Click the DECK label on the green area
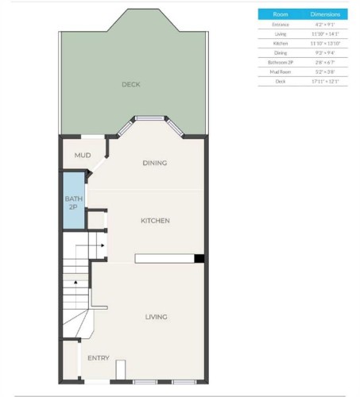(x=131, y=84)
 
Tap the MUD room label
(x=83, y=156)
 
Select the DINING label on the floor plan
(x=154, y=164)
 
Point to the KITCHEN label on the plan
(x=155, y=221)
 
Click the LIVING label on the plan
(x=156, y=317)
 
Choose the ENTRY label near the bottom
(x=99, y=358)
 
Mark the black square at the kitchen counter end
(x=199, y=257)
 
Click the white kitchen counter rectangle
(x=165, y=257)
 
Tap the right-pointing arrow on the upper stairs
(x=103, y=245)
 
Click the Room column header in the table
(x=281, y=14)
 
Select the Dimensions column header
(x=325, y=14)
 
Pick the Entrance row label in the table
(x=281, y=25)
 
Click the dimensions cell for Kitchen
(x=325, y=43)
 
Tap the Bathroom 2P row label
(x=281, y=61)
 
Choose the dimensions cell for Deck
(x=325, y=80)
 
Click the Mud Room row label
(x=281, y=71)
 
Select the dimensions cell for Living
(x=325, y=34)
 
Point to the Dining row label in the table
(x=281, y=52)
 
